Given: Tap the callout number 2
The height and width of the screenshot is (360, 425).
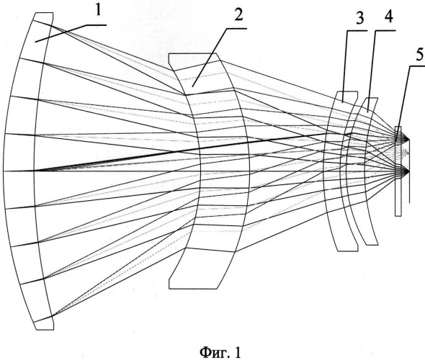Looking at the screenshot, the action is [x=238, y=14].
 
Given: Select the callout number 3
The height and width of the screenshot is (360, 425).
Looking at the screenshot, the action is [x=359, y=19].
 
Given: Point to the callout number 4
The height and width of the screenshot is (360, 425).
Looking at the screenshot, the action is [x=388, y=17].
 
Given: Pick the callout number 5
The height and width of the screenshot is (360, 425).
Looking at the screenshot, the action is [x=419, y=55].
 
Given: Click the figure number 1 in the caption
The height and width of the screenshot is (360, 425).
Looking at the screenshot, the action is [x=237, y=352].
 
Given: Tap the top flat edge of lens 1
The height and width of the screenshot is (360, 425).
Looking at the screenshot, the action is [x=43, y=13].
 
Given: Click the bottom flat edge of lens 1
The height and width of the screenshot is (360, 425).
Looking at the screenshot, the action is [x=45, y=330].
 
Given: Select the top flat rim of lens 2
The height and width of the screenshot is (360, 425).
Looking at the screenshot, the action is [x=192, y=53].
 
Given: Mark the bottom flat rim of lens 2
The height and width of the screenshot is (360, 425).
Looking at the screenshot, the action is [x=193, y=289].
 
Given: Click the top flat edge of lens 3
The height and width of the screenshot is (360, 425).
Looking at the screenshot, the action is [x=347, y=91].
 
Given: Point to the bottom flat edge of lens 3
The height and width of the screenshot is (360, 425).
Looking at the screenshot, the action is [x=348, y=251].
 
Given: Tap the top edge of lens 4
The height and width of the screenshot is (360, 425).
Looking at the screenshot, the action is [x=372, y=98].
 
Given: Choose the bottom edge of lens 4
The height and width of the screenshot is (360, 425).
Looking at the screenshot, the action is [x=372, y=245].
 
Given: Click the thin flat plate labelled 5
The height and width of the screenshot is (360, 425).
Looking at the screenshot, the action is [x=398, y=171].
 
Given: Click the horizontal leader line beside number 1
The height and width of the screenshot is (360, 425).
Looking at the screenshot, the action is [x=97, y=25].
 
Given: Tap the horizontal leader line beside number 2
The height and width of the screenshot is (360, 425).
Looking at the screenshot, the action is [x=237, y=28].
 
